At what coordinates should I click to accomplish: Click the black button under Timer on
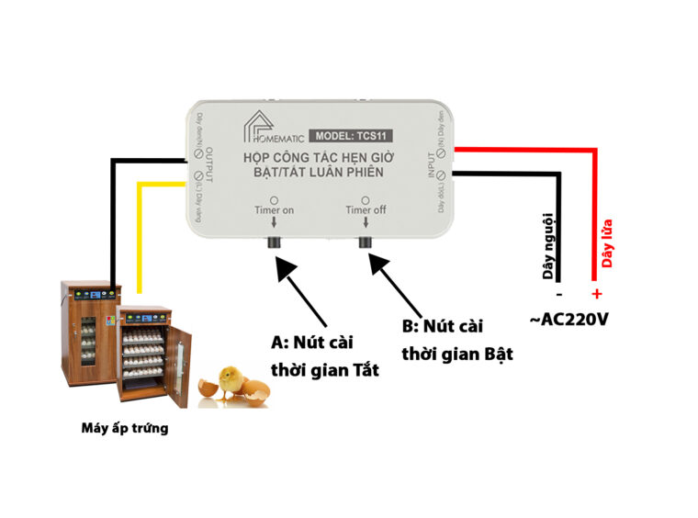tap(273, 243)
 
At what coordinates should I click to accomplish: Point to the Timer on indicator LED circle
tap(274, 199)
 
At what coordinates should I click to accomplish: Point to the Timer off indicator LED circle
tap(366, 199)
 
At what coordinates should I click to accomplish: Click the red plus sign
tap(596, 294)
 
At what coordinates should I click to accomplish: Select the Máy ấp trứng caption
tap(125, 428)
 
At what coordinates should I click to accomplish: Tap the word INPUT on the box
tap(433, 163)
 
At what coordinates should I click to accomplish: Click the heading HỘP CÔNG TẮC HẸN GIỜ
tap(320, 158)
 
